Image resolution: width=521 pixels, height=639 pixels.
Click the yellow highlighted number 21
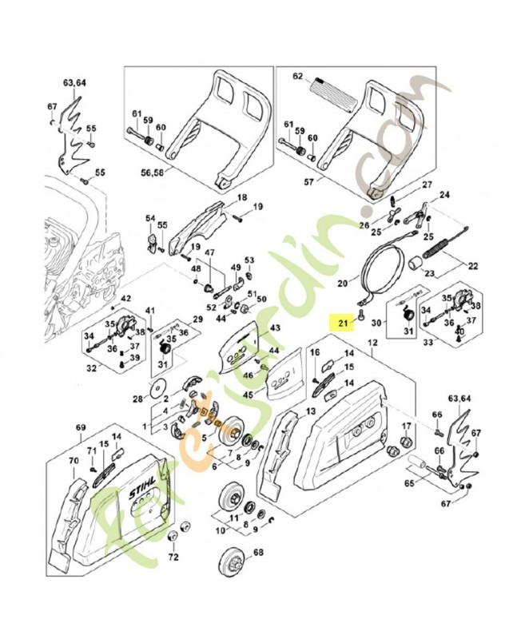(x=343, y=323)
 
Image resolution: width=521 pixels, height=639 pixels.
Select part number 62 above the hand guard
(x=297, y=77)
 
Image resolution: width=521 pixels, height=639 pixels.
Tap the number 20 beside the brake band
(x=343, y=283)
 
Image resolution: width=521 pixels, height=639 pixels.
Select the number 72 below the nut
(x=173, y=558)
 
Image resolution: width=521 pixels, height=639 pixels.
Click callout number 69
(x=81, y=428)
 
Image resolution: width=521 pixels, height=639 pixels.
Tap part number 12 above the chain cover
(x=371, y=343)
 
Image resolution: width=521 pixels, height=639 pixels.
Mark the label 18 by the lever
(x=241, y=197)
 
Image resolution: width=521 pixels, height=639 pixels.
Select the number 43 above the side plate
(x=276, y=328)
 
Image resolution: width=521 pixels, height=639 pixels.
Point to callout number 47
(x=211, y=253)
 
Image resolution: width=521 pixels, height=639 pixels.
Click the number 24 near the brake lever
(x=445, y=195)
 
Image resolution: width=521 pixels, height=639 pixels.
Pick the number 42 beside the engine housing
(x=125, y=299)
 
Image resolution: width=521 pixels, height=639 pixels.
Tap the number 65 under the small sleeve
(x=411, y=483)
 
